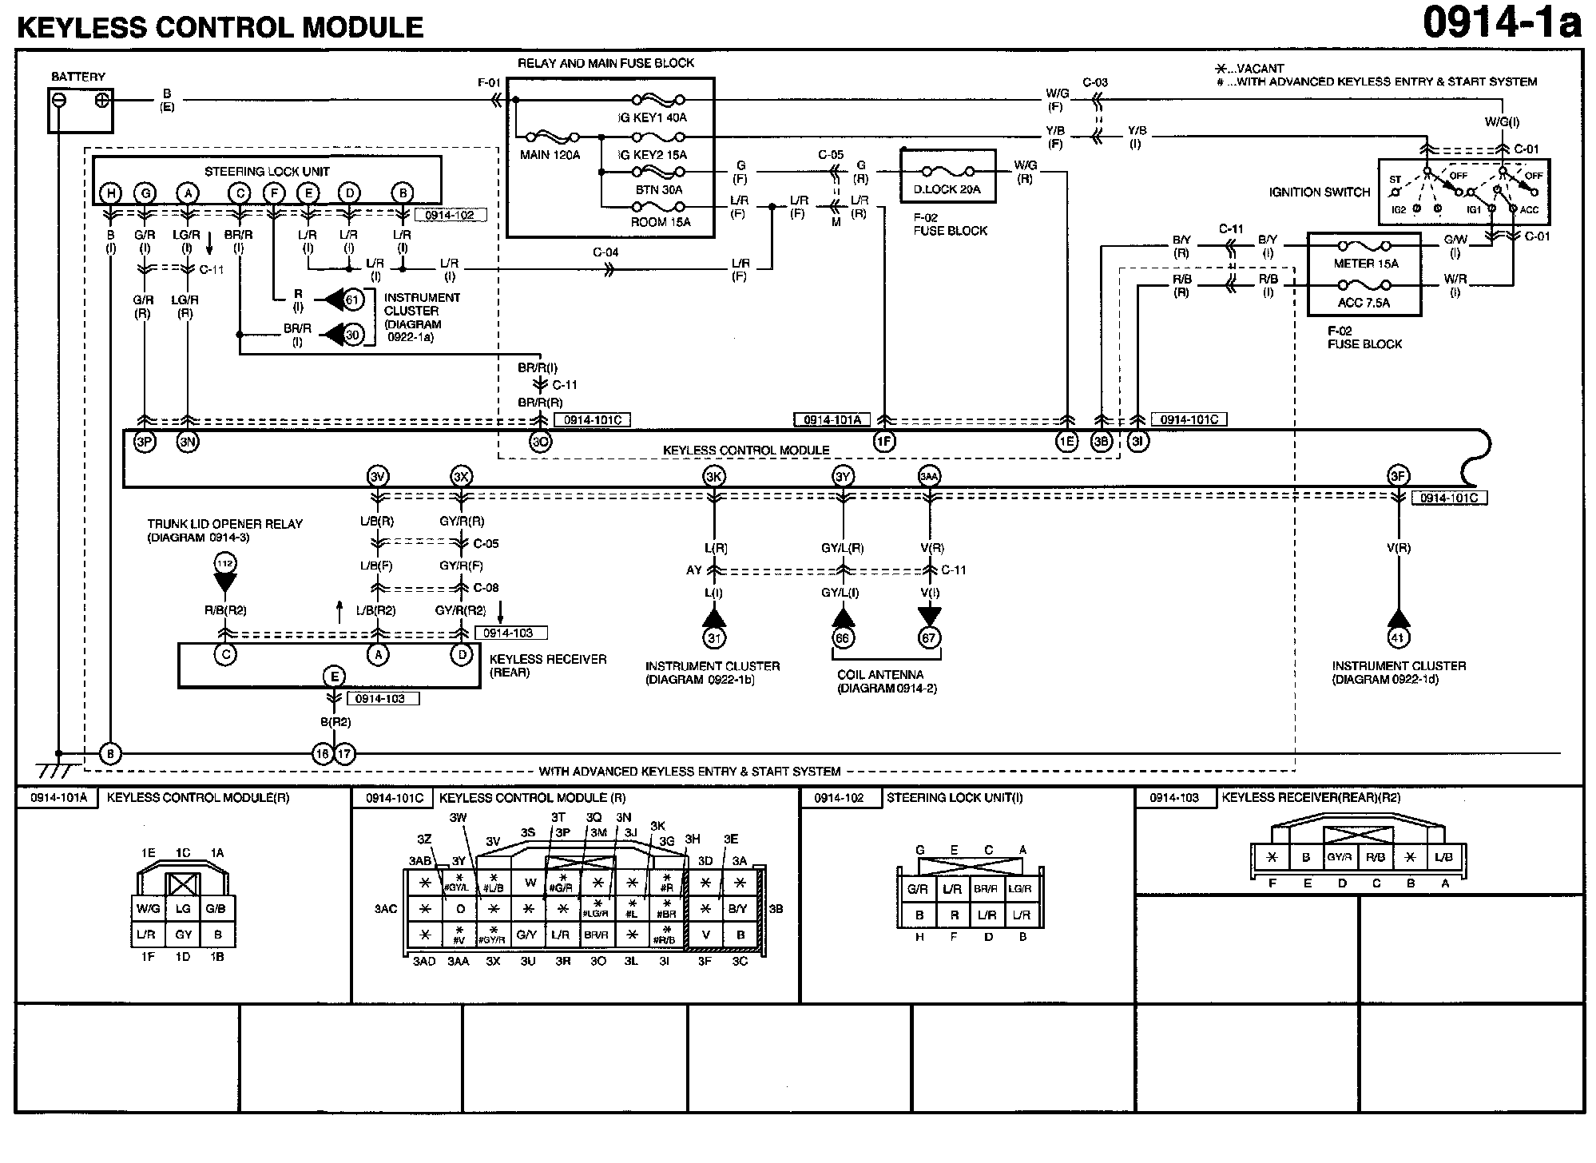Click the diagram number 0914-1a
pyautogui.click(x=1501, y=23)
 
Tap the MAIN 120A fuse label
pyautogui.click(x=550, y=155)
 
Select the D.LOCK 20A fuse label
pyautogui.click(x=947, y=189)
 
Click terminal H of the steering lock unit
pyautogui.click(x=110, y=193)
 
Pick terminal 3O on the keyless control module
pyautogui.click(x=541, y=442)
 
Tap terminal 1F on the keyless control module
pyautogui.click(x=883, y=441)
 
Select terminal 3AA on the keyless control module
pyautogui.click(x=928, y=477)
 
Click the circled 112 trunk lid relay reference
pyautogui.click(x=225, y=564)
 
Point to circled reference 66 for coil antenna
pyautogui.click(x=842, y=637)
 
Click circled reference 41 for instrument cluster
pyautogui.click(x=1398, y=637)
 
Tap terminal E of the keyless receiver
pyautogui.click(x=334, y=677)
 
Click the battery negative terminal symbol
pyautogui.click(x=58, y=101)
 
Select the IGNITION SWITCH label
pyautogui.click(x=1319, y=192)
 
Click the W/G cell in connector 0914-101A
pyautogui.click(x=148, y=908)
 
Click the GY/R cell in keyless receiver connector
pyautogui.click(x=1340, y=857)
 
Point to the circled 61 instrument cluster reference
pyautogui.click(x=353, y=300)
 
